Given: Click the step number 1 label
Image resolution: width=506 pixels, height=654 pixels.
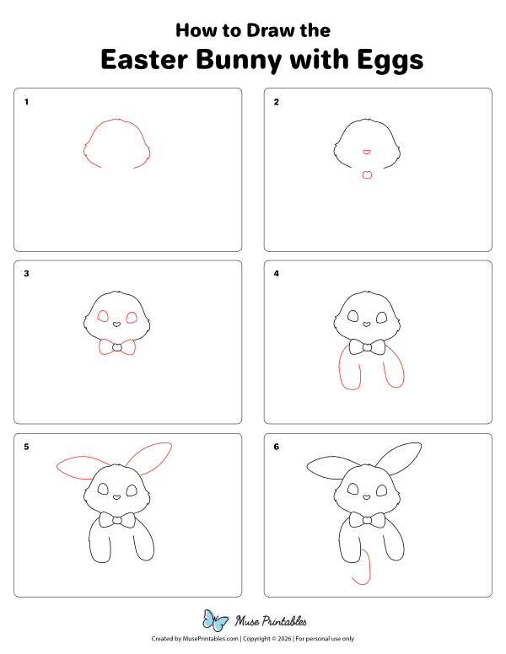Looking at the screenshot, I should coord(26,102).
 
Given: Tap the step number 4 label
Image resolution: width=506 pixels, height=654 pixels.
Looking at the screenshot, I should coord(276,274).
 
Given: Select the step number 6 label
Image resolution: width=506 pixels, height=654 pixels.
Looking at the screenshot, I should coord(276,447).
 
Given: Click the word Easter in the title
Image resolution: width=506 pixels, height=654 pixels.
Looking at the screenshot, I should coord(144,60).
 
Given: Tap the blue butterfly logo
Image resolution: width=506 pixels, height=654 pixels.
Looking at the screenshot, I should coord(216,620).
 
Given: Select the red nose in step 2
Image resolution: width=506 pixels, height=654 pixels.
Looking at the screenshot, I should coord(366,152).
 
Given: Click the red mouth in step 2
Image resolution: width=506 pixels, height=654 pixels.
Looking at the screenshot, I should coord(367,174).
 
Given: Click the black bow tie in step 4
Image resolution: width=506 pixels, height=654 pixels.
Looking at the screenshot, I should coord(367,347).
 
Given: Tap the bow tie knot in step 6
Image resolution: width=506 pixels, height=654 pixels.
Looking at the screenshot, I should coord(367,520).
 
